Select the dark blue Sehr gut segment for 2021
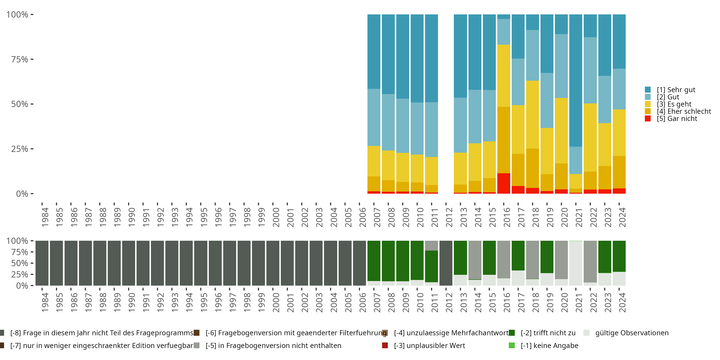point(576,80)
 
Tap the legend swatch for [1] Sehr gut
point(648,90)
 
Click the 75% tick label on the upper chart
point(20,59)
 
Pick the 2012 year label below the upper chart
point(449,217)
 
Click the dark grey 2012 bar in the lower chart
point(446,263)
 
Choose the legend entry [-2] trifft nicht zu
point(548,333)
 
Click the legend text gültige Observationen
point(632,333)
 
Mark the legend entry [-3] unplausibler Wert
point(429,346)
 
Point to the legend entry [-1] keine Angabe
point(549,346)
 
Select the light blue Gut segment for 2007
point(374,117)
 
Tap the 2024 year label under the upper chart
point(622,217)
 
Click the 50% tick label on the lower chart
point(20,263)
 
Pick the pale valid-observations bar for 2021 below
point(576,263)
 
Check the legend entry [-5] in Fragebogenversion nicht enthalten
point(273,346)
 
